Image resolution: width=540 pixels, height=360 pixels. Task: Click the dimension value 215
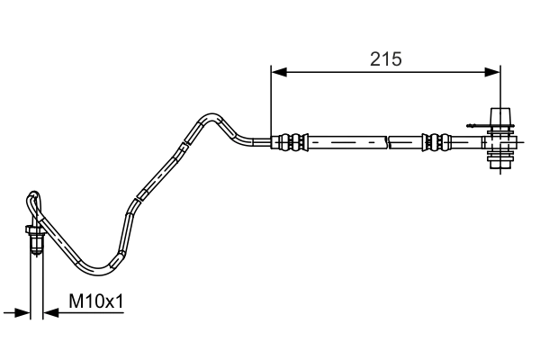pyautogui.click(x=385, y=59)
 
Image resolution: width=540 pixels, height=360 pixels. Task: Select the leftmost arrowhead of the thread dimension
pyautogui.click(x=23, y=312)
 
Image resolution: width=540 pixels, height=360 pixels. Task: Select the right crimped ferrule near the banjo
pyautogui.click(x=435, y=141)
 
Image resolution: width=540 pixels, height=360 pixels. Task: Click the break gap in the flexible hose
pyautogui.click(x=388, y=141)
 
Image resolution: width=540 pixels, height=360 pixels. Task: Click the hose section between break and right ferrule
pyautogui.click(x=405, y=141)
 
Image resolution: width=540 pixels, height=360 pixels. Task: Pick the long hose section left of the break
pyautogui.click(x=346, y=141)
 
